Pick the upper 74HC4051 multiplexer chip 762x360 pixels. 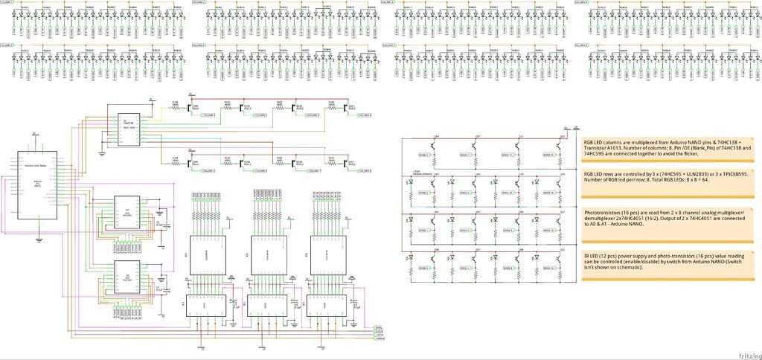click(x=127, y=213)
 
